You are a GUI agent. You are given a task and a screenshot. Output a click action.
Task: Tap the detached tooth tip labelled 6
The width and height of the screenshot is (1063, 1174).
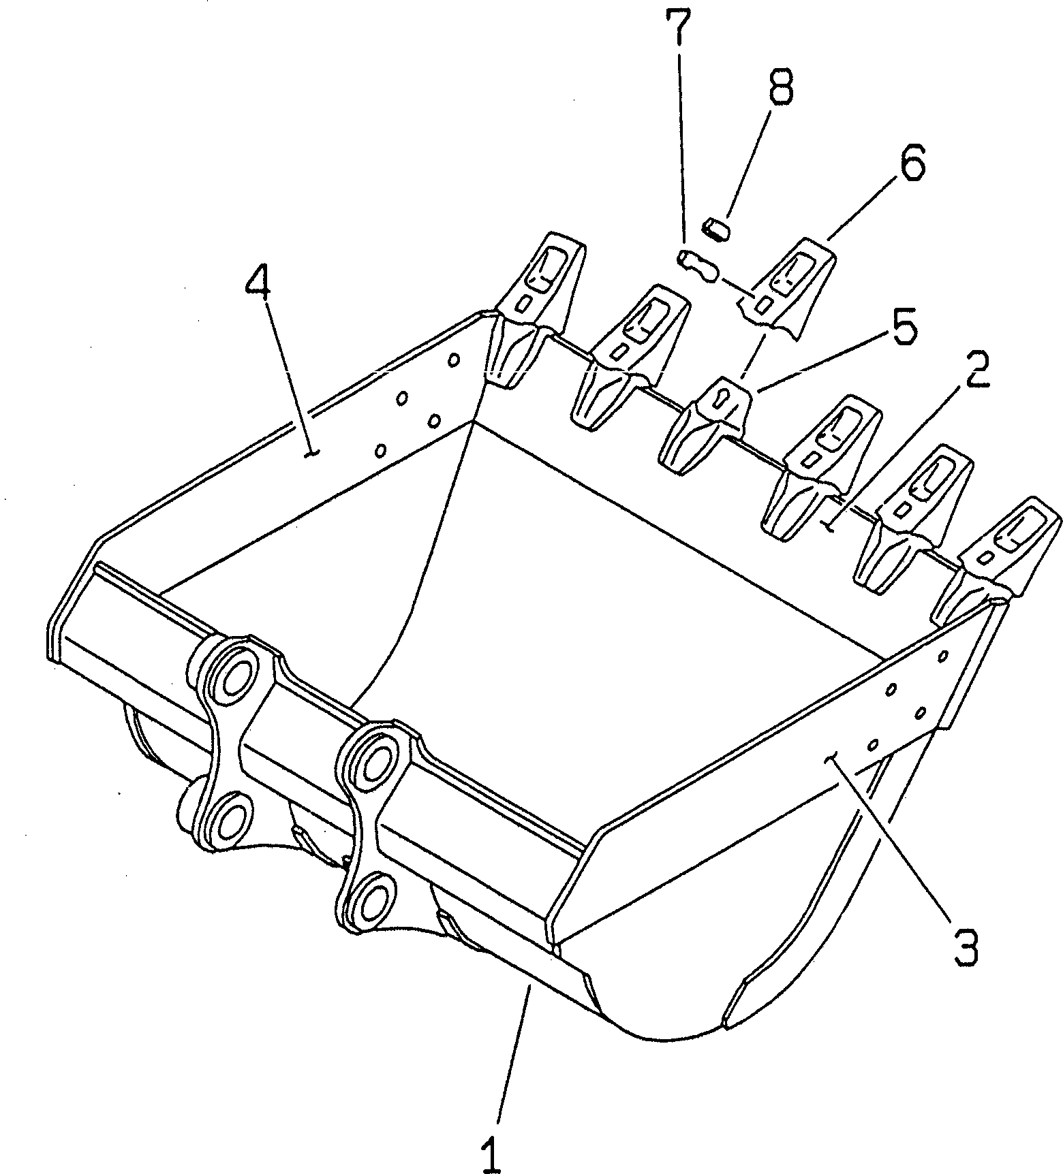pyautogui.click(x=787, y=286)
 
